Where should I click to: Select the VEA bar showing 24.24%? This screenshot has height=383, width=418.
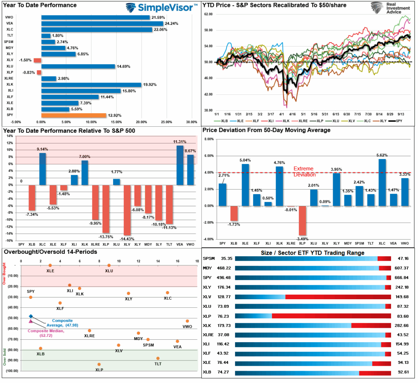coord(102,23)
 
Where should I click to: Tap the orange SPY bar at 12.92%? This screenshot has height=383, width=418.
coord(73,116)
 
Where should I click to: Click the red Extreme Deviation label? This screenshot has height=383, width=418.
coord(305,171)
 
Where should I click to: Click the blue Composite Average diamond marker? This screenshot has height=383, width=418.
coord(31,316)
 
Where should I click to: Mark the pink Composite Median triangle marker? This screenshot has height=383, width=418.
coord(31,321)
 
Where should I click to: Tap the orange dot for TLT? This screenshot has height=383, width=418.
coord(158,358)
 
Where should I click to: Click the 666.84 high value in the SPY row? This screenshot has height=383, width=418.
coord(401,278)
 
